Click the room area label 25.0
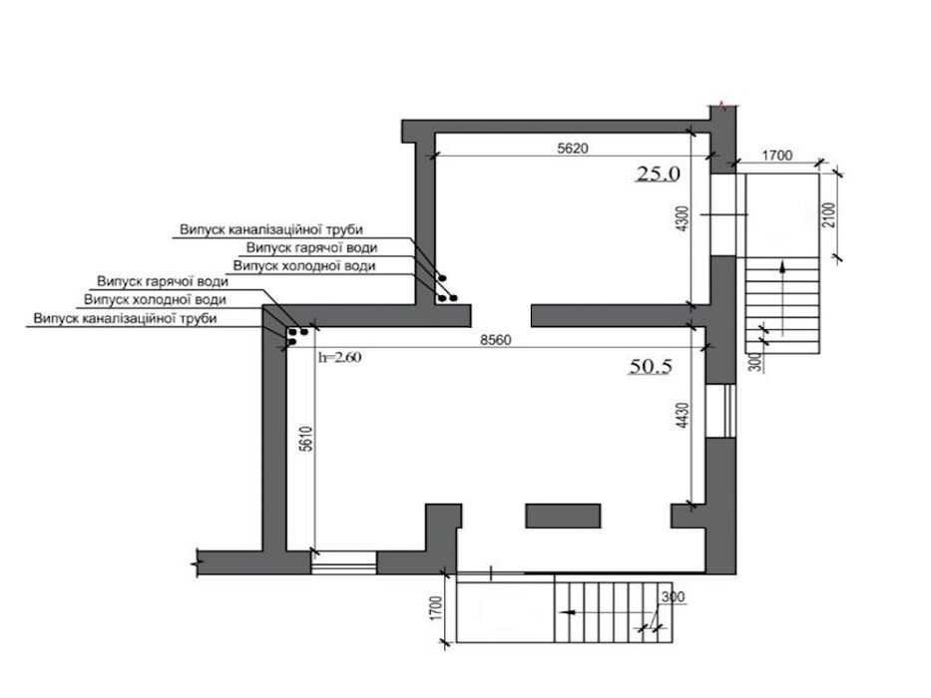tap(659, 174)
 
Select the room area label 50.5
tap(651, 366)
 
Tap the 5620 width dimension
tap(573, 148)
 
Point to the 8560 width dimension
tap(496, 340)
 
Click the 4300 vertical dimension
tap(683, 218)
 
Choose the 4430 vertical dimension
tap(683, 416)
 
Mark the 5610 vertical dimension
tap(305, 439)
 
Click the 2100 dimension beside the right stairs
tap(829, 214)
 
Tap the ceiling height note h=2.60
tap(340, 357)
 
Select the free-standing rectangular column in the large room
tap(563, 516)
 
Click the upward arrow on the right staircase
tap(782, 298)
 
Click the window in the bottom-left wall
tap(344, 562)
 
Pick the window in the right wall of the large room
tap(720, 411)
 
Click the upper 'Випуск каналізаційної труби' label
tap(271, 229)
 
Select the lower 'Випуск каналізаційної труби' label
tap(126, 319)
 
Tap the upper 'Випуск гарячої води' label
tap(311, 248)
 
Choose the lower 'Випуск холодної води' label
tap(155, 300)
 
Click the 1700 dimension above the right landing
tap(777, 156)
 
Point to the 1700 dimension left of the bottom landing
tap(435, 608)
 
